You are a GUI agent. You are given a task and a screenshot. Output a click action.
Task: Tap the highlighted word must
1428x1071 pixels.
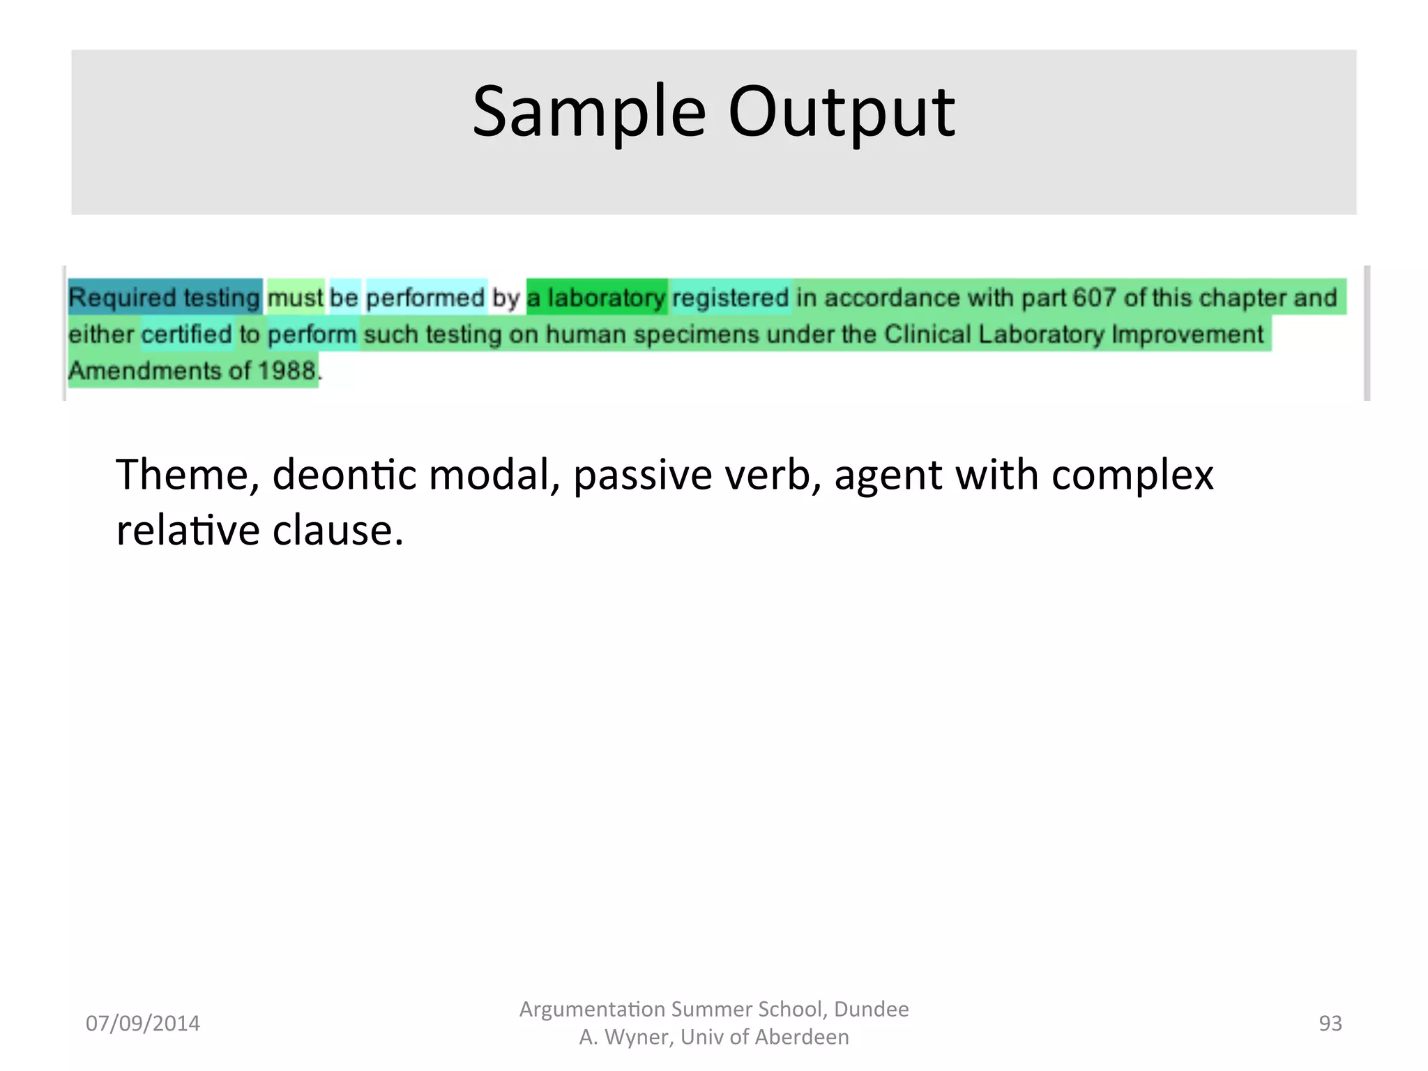pyautogui.click(x=295, y=298)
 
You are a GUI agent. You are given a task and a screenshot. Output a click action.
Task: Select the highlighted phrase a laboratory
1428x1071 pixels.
pyautogui.click(x=596, y=298)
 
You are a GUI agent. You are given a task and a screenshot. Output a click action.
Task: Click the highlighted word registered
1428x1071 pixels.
pyautogui.click(x=730, y=298)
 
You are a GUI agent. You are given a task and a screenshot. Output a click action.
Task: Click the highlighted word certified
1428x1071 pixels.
pyautogui.click(x=187, y=335)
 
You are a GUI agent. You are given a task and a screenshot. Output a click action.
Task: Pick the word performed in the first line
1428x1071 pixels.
pyautogui.click(x=425, y=298)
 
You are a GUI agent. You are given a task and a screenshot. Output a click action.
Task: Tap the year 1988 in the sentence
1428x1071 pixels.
pyautogui.click(x=287, y=371)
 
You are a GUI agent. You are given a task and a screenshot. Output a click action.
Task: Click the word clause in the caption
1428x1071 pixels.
pyautogui.click(x=337, y=531)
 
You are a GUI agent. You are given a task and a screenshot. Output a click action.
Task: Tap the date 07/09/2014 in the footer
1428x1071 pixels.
pyautogui.click(x=142, y=1023)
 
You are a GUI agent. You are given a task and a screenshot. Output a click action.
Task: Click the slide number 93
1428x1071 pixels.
pyautogui.click(x=1330, y=1023)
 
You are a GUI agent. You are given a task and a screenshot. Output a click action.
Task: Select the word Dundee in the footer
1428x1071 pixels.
pyautogui.click(x=871, y=1009)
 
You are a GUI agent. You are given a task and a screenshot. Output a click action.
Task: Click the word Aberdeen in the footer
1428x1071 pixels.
pyautogui.click(x=802, y=1037)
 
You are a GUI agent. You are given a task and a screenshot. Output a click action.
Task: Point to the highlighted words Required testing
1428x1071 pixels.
pyautogui.click(x=165, y=298)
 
